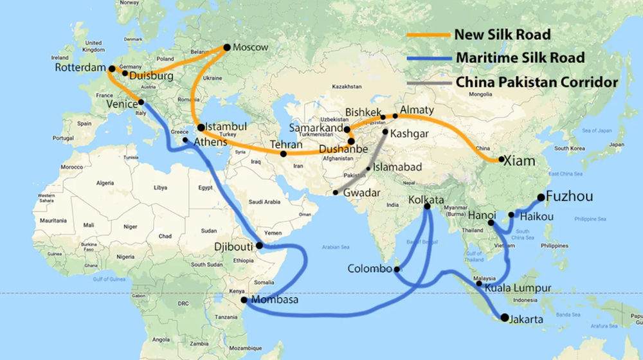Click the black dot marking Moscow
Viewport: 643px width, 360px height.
[226, 47]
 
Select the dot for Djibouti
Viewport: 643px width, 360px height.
[259, 246]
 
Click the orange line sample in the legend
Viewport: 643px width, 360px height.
[430, 34]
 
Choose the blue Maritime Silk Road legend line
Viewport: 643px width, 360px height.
[430, 58]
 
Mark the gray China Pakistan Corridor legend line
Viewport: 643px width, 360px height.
[430, 82]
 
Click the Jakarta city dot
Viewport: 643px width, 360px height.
[504, 317]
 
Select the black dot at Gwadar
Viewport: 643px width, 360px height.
[336, 193]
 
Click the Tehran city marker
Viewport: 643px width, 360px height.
[284, 154]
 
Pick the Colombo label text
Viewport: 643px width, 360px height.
[368, 269]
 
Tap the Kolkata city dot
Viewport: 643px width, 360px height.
[427, 207]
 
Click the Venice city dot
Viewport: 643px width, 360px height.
[141, 102]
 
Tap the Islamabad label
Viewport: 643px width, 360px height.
[399, 167]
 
